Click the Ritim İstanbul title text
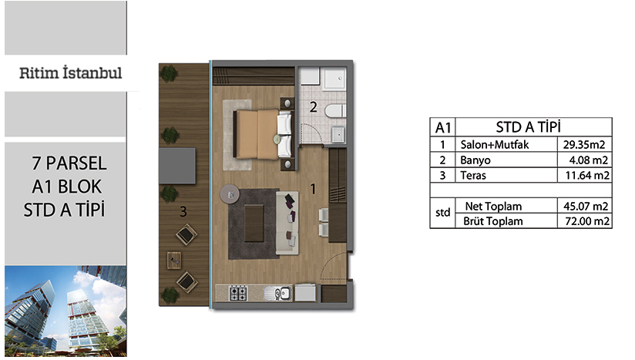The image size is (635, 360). (x=70, y=73)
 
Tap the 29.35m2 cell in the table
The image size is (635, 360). (x=584, y=145)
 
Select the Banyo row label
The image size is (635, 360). (x=475, y=160)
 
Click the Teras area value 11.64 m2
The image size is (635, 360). (x=587, y=175)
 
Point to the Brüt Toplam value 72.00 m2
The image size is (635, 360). (x=587, y=221)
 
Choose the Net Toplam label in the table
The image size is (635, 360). (x=493, y=206)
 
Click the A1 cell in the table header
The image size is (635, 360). (x=442, y=127)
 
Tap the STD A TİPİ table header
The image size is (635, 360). (x=529, y=127)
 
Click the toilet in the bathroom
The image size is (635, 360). (x=335, y=111)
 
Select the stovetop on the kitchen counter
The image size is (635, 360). (x=238, y=293)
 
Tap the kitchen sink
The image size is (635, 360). (x=277, y=293)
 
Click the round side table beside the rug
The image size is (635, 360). (x=230, y=194)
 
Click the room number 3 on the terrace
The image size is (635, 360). (x=183, y=211)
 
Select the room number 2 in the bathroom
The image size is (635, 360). (x=313, y=107)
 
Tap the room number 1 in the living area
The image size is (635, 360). (x=313, y=189)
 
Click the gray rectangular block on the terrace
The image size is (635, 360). (x=177, y=166)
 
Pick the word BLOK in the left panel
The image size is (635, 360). (x=79, y=187)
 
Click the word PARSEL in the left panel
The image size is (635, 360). (x=76, y=163)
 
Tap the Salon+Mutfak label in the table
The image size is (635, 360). (x=495, y=145)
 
